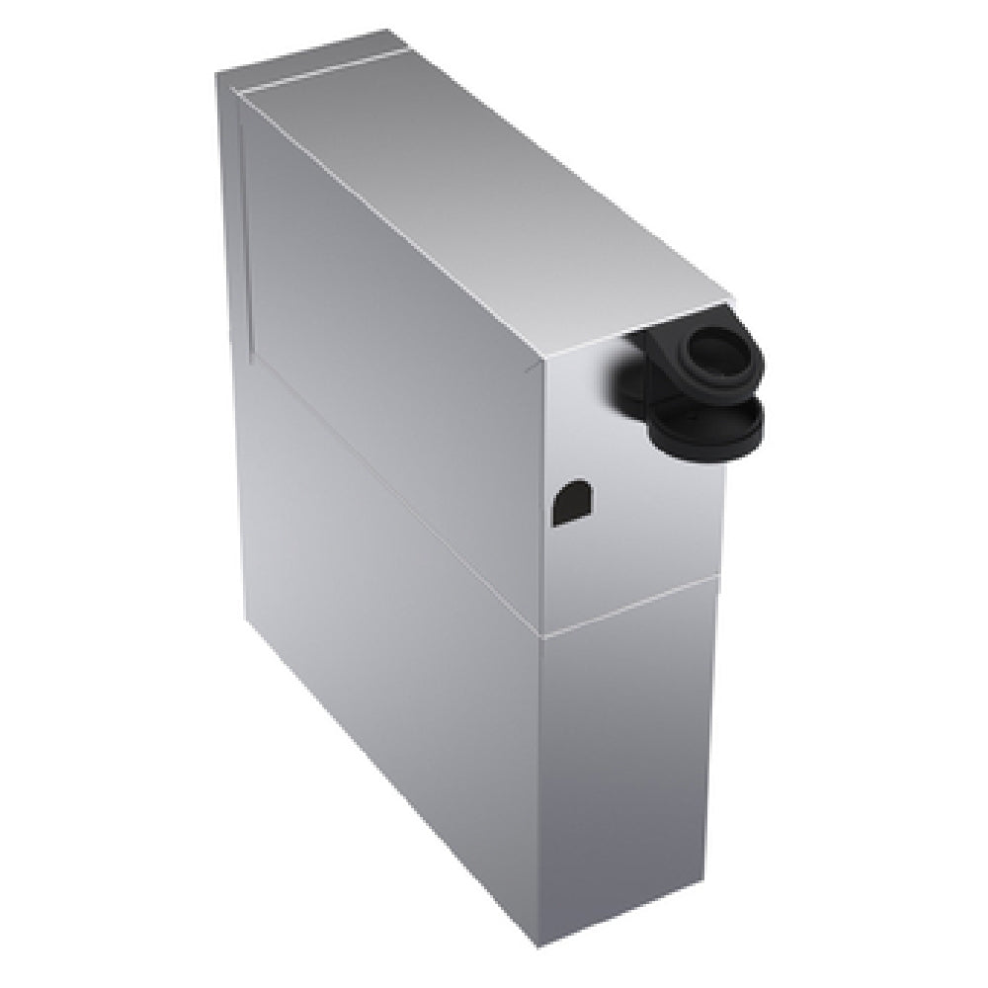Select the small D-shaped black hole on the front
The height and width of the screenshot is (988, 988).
570,502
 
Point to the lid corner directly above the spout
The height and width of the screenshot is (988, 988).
731,296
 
